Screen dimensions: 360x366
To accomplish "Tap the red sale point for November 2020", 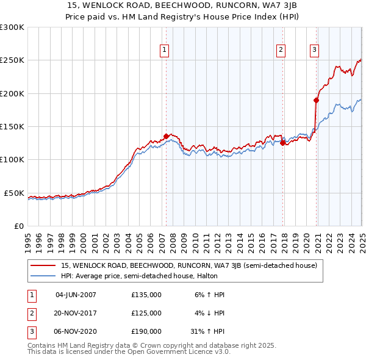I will point(317,100).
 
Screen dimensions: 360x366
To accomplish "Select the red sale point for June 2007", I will point(166,136).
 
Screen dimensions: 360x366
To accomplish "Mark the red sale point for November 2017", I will point(282,143).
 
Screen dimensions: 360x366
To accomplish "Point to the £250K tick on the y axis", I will point(13,60).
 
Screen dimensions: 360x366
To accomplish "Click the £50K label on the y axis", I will point(15,193).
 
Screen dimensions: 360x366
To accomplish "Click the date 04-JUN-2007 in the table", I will point(76,295).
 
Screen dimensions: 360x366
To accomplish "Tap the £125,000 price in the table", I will point(146,313).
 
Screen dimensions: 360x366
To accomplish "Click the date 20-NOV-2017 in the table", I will point(76,313).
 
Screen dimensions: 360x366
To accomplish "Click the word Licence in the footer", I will point(197,351).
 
